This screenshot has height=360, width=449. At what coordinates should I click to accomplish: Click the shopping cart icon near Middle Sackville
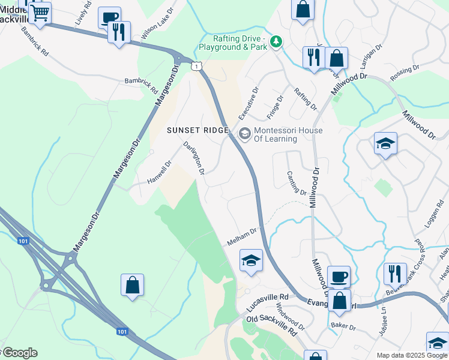[x=40, y=13]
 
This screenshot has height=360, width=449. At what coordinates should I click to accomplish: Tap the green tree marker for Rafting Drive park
[x=276, y=41]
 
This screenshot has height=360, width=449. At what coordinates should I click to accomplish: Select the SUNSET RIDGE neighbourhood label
[x=197, y=130]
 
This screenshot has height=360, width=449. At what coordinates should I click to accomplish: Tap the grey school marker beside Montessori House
[x=244, y=134]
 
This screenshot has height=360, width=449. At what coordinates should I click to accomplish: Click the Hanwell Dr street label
[x=160, y=173]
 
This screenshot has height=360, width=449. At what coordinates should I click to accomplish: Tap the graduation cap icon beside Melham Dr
[x=252, y=260]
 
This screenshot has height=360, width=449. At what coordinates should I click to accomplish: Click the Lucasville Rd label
[x=267, y=303]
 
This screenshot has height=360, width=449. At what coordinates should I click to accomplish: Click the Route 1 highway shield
[x=195, y=66]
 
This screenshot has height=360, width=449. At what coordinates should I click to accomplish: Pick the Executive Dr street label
[x=248, y=103]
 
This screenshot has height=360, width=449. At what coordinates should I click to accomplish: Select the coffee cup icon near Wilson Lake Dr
[x=109, y=17]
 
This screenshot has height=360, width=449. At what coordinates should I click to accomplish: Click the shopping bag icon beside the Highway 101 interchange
[x=132, y=285]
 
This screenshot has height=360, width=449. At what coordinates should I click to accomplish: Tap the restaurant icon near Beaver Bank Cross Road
[x=395, y=274]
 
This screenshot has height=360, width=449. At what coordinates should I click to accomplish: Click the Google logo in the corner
[x=19, y=353]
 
